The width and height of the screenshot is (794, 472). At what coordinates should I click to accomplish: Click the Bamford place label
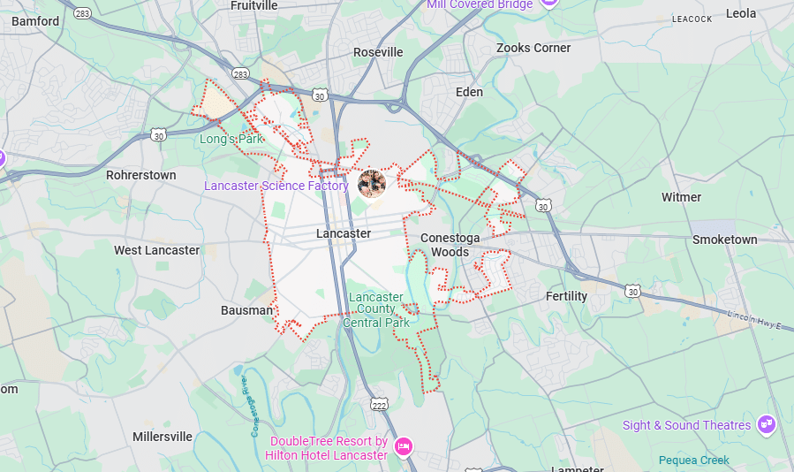35,21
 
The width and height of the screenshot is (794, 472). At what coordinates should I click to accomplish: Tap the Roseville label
378,52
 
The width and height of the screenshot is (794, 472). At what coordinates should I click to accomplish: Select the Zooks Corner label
533,48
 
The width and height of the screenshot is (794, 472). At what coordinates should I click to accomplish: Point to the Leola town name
741,13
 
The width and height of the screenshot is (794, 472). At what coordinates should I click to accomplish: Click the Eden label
469,92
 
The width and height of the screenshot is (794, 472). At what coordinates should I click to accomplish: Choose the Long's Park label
231,139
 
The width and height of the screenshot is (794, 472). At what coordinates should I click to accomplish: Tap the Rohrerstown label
141,175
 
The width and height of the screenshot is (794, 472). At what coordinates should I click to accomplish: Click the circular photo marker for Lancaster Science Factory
372,183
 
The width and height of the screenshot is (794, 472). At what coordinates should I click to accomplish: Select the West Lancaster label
157,250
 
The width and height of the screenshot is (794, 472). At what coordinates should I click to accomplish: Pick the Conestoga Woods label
450,245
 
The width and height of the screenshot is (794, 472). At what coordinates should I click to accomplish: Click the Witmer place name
681,197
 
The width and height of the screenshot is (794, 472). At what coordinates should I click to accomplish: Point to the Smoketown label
724,240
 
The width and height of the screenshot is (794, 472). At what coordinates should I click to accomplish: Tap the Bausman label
246,310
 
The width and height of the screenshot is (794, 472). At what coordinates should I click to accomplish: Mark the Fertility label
566,296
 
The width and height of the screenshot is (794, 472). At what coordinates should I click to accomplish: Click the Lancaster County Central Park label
376,309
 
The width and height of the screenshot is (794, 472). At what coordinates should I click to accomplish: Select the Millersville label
163,437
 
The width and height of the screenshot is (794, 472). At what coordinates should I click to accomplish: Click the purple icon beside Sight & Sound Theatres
766,424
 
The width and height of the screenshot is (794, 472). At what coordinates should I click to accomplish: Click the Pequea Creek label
694,460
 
